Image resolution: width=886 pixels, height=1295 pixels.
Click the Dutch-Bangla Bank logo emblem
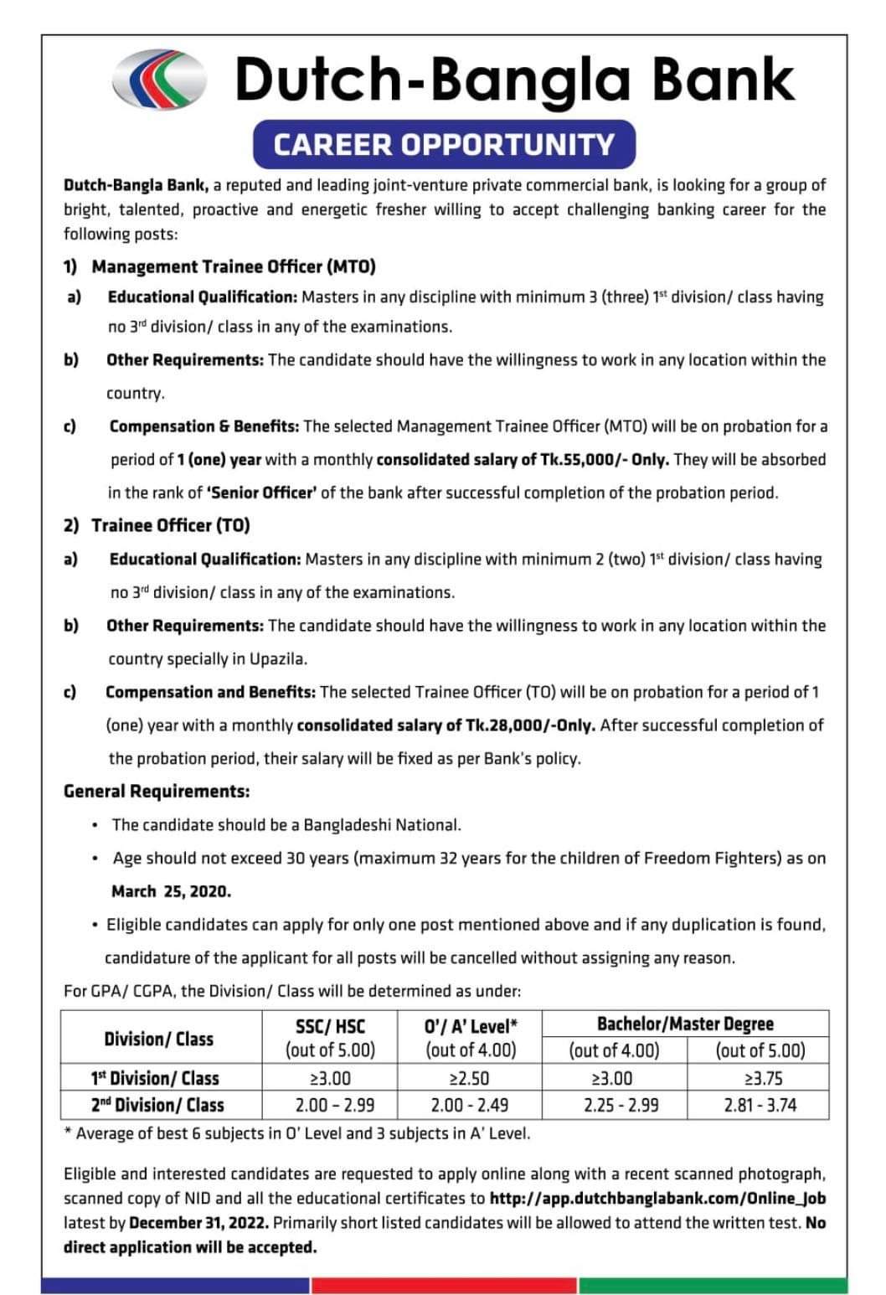pos(158,80)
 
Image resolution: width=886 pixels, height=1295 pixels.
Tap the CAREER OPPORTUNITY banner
pos(444,144)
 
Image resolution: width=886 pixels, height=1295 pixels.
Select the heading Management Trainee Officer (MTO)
pos(234,266)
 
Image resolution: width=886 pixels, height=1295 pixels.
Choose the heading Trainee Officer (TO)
pos(171,525)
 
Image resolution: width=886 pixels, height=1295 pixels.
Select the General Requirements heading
pos(157,791)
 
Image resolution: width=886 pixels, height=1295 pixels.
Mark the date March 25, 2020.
pos(172,891)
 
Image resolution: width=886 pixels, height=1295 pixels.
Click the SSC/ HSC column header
pos(331,1025)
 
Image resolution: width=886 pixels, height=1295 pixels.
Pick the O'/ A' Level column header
pos(471,1025)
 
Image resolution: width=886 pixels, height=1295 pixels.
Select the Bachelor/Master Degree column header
pos(685,1024)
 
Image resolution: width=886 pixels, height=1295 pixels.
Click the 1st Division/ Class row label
pos(155,1078)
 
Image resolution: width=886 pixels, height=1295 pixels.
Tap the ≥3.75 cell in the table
pos(758,1078)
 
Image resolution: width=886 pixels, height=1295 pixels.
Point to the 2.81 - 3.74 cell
pos(758,1105)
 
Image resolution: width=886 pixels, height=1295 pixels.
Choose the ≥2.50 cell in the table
pos(470,1078)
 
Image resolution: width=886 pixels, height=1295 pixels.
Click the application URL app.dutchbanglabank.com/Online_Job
pos(657,1199)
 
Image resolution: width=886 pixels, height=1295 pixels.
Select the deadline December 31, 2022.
pos(199,1223)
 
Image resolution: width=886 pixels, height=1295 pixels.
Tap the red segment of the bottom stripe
pos(444,1285)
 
